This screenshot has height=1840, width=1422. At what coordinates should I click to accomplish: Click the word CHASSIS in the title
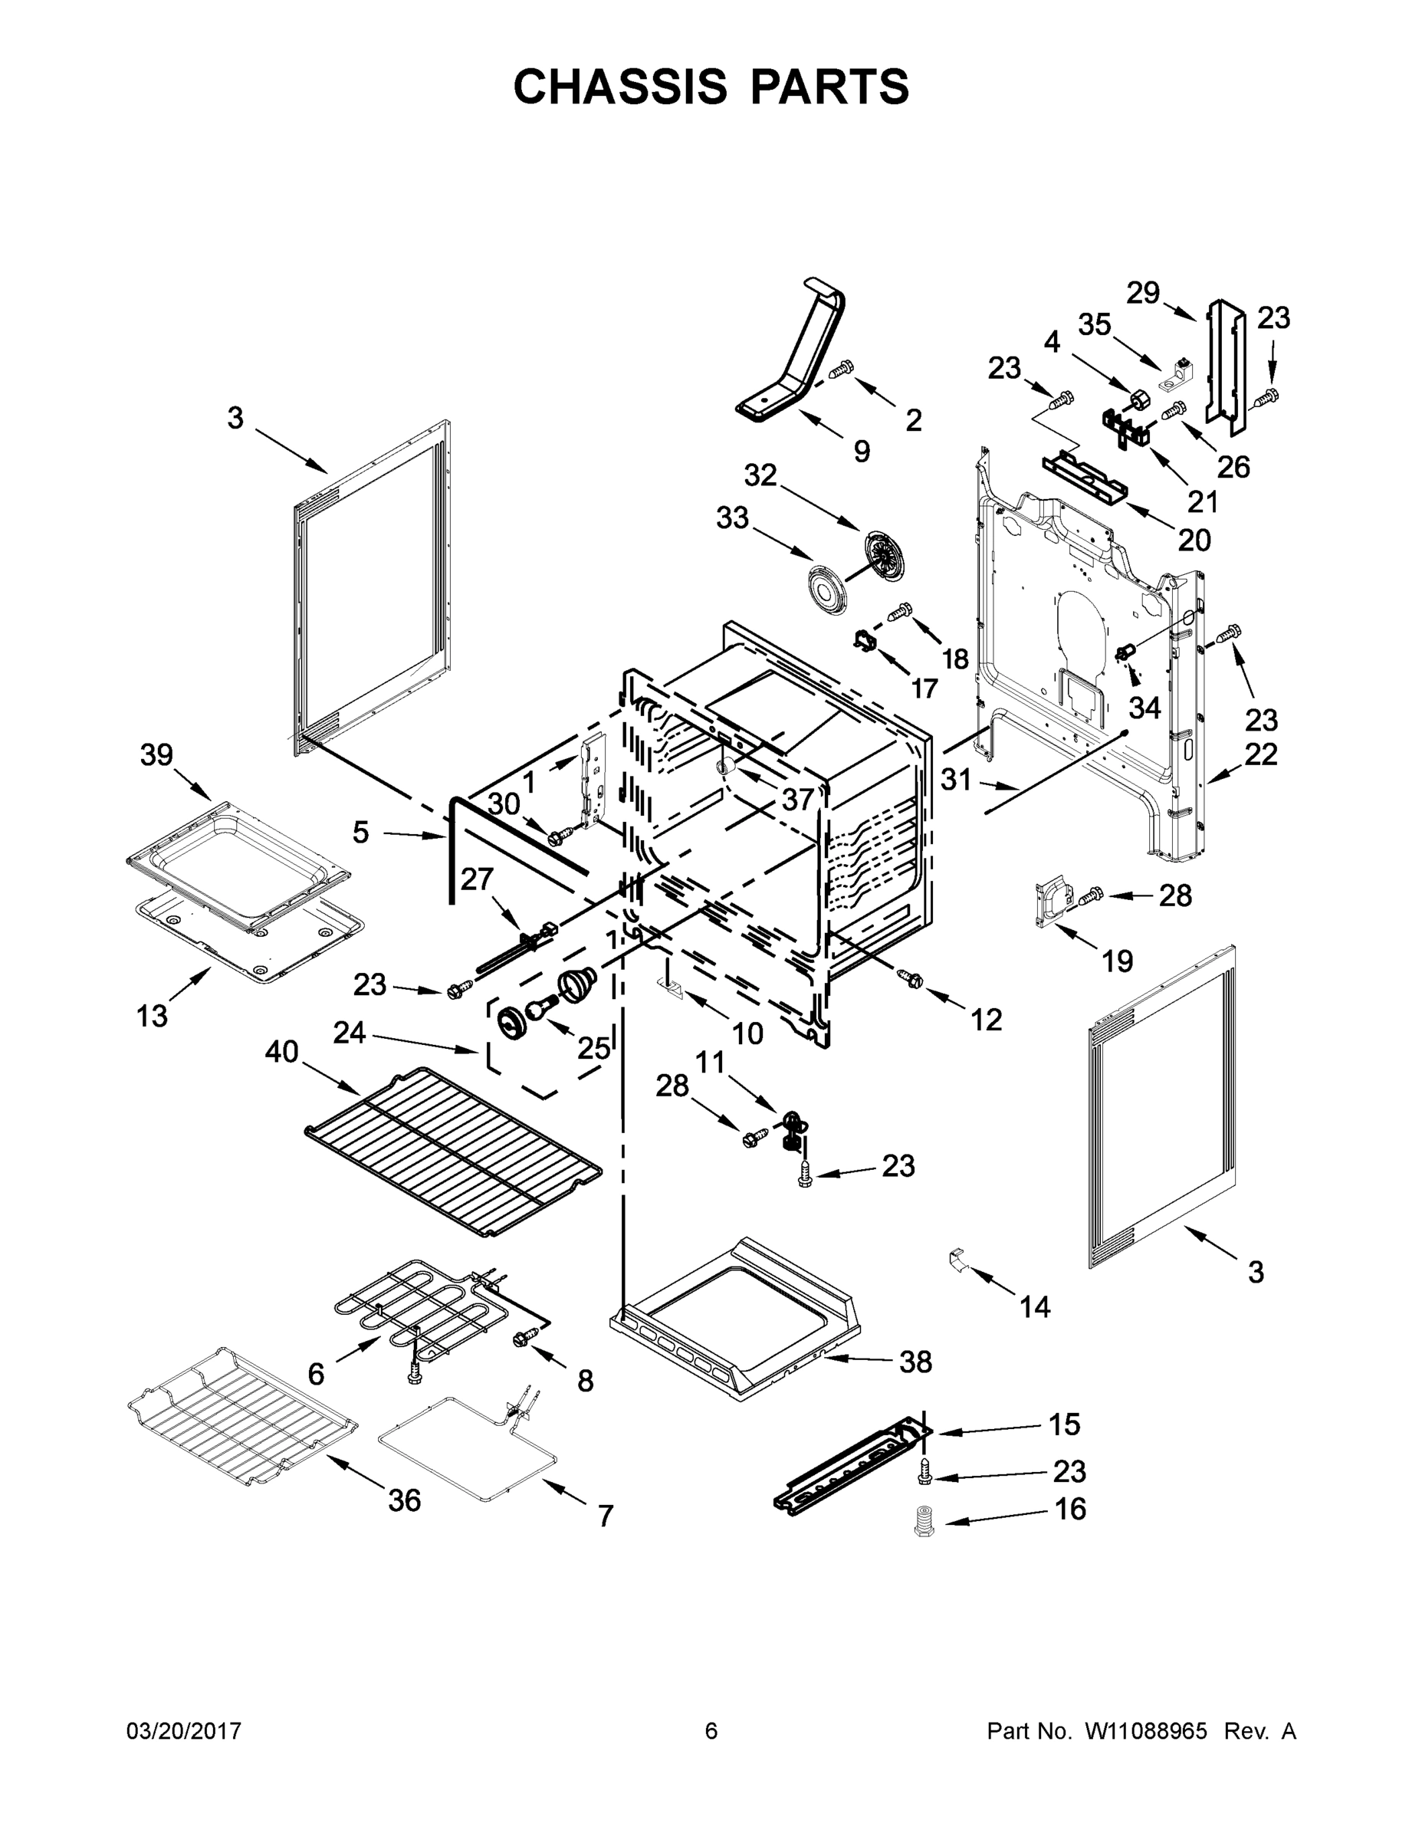pos(620,87)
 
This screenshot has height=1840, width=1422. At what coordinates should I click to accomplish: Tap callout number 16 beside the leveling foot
pos(1070,1508)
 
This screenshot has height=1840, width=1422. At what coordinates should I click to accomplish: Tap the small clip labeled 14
pos(955,1261)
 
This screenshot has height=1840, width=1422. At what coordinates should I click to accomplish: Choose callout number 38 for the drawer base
pos(916,1362)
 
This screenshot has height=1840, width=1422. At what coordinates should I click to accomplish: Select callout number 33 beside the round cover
pos(732,518)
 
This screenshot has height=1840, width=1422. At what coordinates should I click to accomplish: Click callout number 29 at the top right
pos(1143,293)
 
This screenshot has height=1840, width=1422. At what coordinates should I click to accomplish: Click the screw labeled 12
pos(911,978)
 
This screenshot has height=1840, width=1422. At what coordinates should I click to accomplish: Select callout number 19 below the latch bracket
pos(1118,961)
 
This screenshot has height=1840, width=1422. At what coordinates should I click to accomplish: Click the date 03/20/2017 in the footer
pos(184,1731)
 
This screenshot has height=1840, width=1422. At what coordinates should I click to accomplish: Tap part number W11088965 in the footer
pos(1146,1731)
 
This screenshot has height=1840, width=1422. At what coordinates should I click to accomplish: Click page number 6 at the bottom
pos(711,1731)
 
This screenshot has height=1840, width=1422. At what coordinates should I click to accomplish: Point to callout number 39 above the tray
pos(156,755)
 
